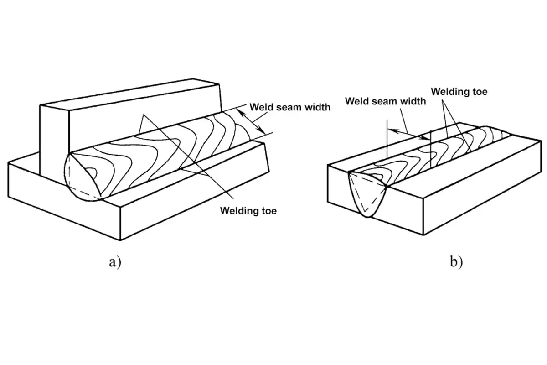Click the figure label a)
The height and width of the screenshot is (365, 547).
pos(114,262)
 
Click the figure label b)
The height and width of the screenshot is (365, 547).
pos(456,262)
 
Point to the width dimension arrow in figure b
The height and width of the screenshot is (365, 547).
pos(408,134)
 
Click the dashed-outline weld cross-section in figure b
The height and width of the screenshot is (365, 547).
pos(367,194)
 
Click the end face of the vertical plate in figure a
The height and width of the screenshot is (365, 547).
pos(54,139)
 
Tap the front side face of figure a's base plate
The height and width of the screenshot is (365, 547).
pos(64,201)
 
